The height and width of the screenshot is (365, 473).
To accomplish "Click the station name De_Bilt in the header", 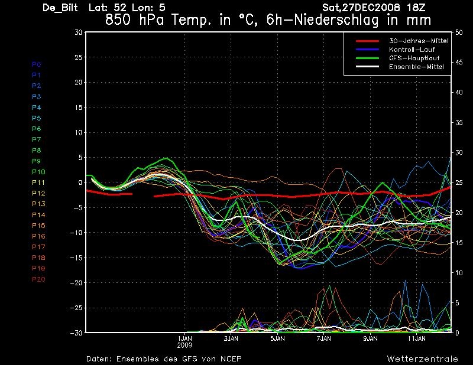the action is coord(60,8).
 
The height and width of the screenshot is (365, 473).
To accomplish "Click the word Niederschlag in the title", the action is coord(336,20).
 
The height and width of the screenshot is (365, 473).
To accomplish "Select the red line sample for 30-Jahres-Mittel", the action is coord(367,41).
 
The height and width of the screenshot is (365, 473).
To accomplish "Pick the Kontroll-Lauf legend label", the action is coord(412,50).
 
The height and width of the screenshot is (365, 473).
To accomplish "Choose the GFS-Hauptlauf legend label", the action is coord(414,58).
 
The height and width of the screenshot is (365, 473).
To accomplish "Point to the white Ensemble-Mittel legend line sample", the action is coord(367,67).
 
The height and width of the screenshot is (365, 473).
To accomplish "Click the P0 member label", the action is coord(37,64).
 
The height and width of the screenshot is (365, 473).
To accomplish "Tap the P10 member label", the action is coord(38,172).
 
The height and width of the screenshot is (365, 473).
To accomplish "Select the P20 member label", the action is coord(38,279).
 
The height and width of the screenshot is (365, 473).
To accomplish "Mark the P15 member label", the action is coord(38,226).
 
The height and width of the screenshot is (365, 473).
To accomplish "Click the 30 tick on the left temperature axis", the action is coord(78,32).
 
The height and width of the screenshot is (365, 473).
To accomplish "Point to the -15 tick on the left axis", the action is coord(76,258).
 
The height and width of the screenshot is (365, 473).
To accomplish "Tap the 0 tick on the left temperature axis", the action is coord(80,182).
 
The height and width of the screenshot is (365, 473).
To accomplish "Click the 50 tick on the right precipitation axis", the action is coord(459,32).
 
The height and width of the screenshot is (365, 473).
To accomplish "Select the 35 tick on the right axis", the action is coord(459,122).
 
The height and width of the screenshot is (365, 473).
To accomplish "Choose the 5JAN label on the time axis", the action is coord(277,338).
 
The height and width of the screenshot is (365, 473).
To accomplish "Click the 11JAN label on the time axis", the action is coord(417,338).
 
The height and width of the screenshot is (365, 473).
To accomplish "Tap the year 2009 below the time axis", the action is coord(184,346).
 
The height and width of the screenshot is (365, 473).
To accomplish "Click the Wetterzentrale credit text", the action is coord(422,359).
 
